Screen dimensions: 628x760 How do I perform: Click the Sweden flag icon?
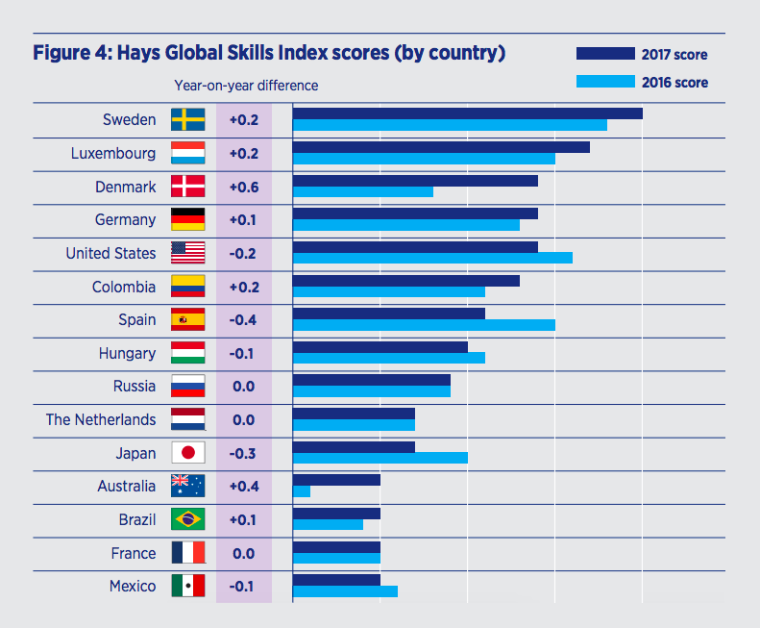tap(187, 119)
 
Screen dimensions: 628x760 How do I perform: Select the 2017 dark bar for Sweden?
tap(467, 113)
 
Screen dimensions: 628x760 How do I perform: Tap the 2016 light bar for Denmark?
tap(362, 191)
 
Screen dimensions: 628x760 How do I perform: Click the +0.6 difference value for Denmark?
tap(243, 187)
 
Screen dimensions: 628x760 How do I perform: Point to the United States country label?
tap(110, 254)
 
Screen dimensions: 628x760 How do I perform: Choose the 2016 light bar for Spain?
tap(424, 324)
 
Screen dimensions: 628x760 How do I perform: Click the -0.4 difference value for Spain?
tap(243, 319)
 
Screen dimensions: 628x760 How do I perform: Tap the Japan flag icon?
tap(187, 453)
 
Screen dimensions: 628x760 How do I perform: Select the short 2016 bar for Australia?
tap(301, 491)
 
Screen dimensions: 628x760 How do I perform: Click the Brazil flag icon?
tap(187, 519)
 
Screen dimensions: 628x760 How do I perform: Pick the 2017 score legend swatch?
tap(605, 54)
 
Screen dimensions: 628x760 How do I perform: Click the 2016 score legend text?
tap(675, 83)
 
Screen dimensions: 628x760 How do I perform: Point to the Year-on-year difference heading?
tap(246, 86)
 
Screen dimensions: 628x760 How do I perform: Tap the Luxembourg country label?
tap(113, 154)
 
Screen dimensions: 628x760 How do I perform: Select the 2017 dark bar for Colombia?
tap(405, 281)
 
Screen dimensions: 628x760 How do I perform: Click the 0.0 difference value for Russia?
tap(243, 387)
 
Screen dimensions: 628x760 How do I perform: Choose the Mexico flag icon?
tap(187, 586)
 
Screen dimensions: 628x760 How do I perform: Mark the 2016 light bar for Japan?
tap(380, 458)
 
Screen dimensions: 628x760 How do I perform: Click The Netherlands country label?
tap(101, 420)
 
